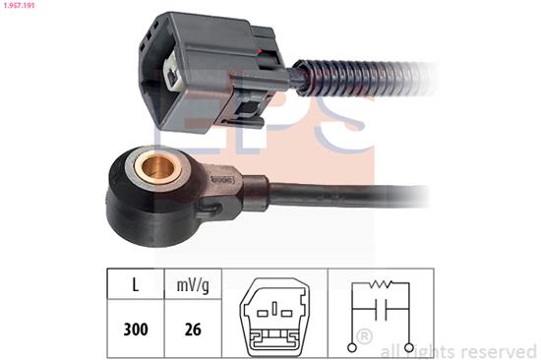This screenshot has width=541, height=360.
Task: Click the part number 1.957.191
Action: click(x=18, y=5)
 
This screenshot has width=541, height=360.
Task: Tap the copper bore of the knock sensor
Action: click(x=158, y=169)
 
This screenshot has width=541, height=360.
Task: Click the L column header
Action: click(x=136, y=285)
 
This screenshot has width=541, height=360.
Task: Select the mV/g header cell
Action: click(x=193, y=286)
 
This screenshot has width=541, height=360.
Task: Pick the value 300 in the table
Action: click(x=136, y=330)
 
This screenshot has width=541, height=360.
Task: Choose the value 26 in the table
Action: click(x=193, y=330)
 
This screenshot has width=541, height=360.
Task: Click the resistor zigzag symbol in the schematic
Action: click(x=381, y=283)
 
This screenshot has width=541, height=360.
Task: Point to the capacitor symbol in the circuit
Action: click(x=381, y=309)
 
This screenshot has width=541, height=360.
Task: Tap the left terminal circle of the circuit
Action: click(x=352, y=347)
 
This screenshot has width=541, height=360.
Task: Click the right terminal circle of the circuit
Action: click(x=409, y=347)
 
